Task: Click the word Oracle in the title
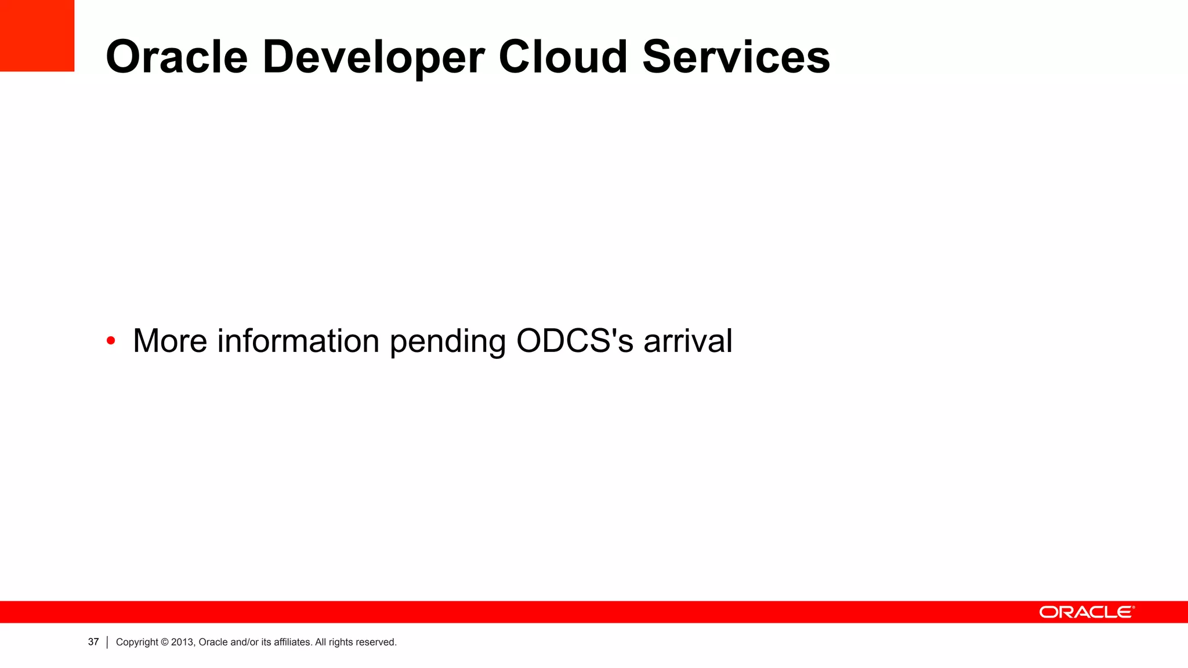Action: [x=176, y=57]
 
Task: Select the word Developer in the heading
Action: [x=373, y=57]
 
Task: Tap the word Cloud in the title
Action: [x=563, y=57]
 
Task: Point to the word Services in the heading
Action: [x=736, y=57]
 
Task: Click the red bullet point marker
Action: [x=111, y=340]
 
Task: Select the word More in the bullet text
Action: [x=170, y=340]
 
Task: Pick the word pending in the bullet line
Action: [x=448, y=342]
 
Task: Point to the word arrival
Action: [x=688, y=340]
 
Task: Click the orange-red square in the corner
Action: [x=37, y=35]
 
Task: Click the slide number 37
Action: [x=93, y=642]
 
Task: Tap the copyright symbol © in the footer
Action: [x=165, y=642]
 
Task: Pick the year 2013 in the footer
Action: [x=183, y=642]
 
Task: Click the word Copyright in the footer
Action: [x=137, y=642]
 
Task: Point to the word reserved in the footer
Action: [x=375, y=642]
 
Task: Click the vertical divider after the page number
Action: [x=107, y=642]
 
